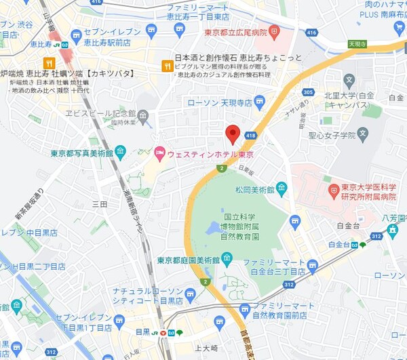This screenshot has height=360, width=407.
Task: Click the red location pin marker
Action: point(233,134)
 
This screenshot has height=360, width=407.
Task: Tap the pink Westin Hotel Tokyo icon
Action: point(159,152)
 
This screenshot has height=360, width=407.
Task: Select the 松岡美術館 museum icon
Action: point(282,187)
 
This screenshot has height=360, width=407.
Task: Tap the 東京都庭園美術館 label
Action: point(188,260)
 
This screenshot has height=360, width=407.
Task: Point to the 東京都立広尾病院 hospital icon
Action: point(273,31)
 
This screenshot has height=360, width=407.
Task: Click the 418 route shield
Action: point(251,136)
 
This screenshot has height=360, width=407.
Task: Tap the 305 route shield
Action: point(309,93)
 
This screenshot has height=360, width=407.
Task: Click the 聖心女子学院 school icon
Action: point(362,133)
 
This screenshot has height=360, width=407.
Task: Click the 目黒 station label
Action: point(142,332)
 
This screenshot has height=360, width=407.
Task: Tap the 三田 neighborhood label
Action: point(100,204)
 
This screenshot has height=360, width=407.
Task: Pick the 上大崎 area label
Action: point(205,348)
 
